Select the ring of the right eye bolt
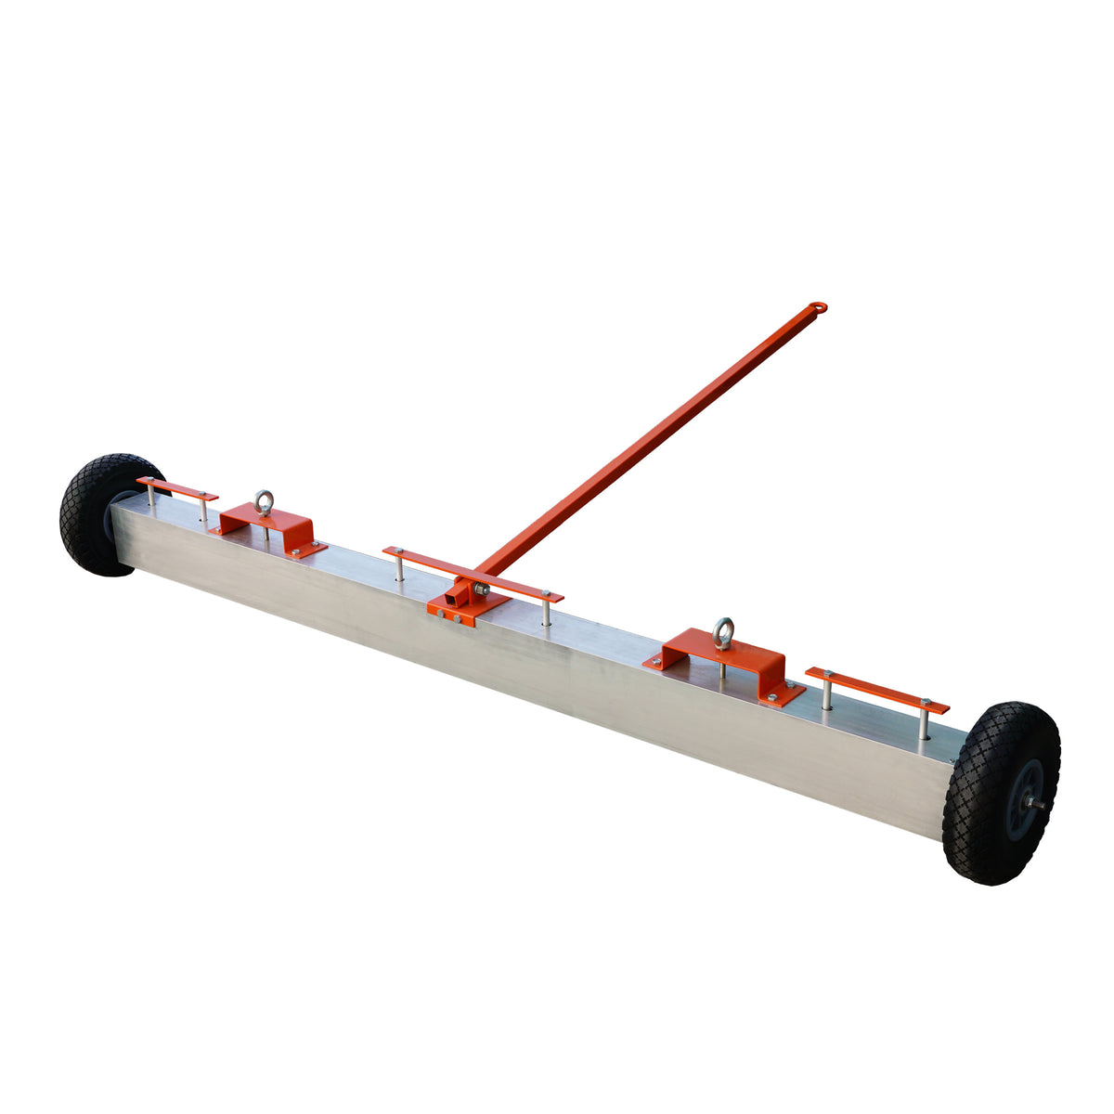pyautogui.click(x=722, y=629)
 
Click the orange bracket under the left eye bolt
pyautogui.click(x=269, y=529)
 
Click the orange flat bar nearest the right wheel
pyautogui.click(x=877, y=691)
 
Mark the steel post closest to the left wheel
pyautogui.click(x=151, y=494)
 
